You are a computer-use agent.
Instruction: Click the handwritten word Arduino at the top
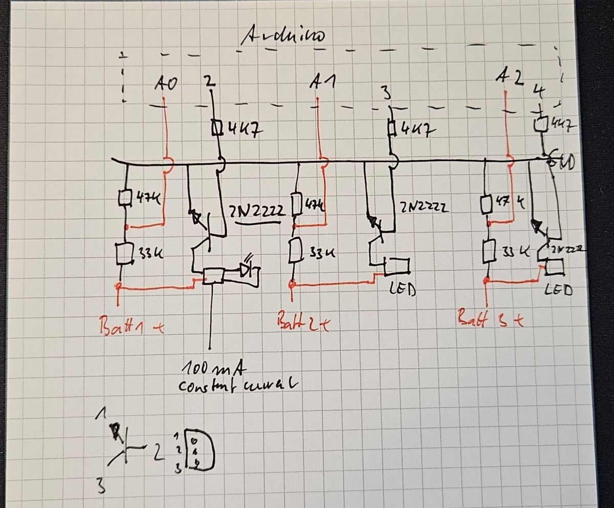(282, 36)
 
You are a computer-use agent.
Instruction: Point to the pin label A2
(510, 78)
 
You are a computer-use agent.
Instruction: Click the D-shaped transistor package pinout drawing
(199, 449)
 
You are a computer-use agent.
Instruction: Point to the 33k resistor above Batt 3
(488, 251)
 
